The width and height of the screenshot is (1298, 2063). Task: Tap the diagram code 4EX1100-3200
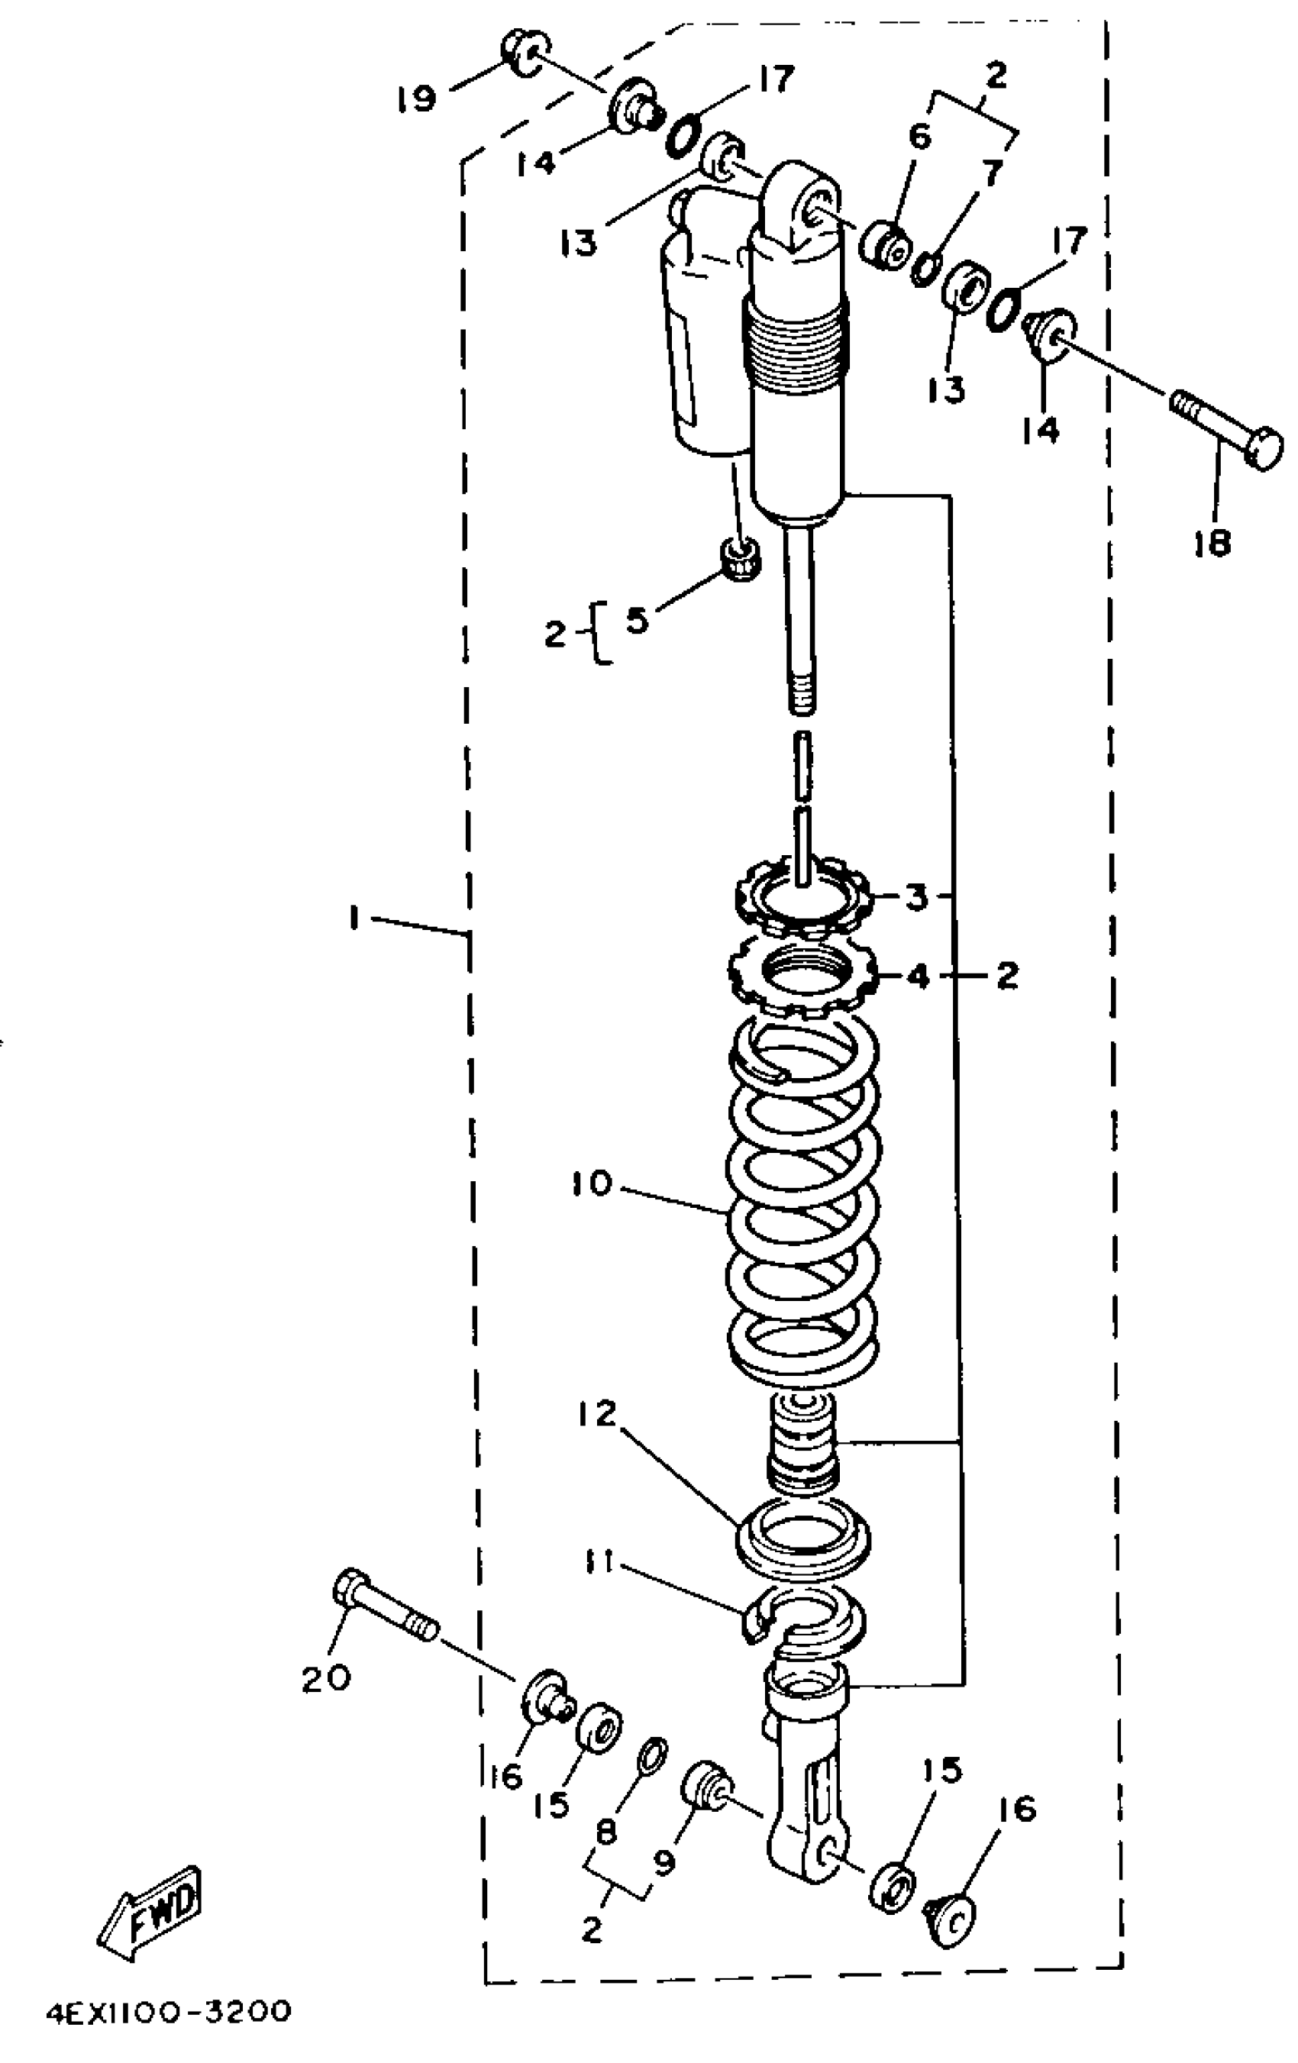(x=168, y=2011)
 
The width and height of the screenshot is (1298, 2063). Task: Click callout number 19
(x=417, y=99)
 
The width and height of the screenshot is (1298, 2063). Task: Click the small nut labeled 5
(x=738, y=560)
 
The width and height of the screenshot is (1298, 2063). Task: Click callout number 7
(x=991, y=175)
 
